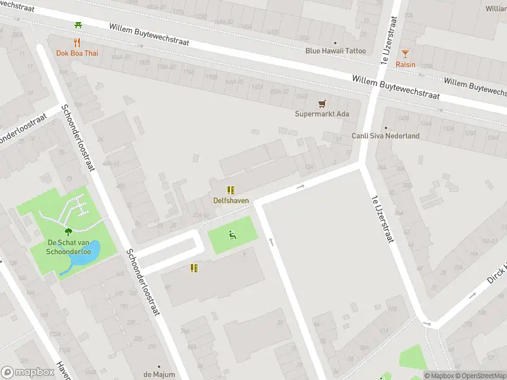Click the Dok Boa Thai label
pyautogui.click(x=77, y=53)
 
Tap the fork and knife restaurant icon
pyautogui.click(x=77, y=42)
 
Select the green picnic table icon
pyautogui.click(x=77, y=25)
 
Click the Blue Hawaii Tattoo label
pyautogui.click(x=335, y=51)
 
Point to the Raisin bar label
pyautogui.click(x=406, y=64)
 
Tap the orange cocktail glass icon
pyautogui.click(x=406, y=53)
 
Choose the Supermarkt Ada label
pyautogui.click(x=322, y=114)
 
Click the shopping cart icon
pyautogui.click(x=322, y=103)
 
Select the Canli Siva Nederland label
pyautogui.click(x=385, y=136)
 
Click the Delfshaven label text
pyautogui.click(x=231, y=201)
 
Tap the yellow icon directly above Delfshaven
pyautogui.click(x=231, y=189)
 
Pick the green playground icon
pyautogui.click(x=233, y=236)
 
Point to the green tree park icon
pyautogui.click(x=68, y=232)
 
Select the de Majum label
pyautogui.click(x=159, y=374)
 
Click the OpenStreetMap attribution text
pyautogui.click(x=480, y=376)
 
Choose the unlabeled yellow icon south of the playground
pyautogui.click(x=195, y=268)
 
